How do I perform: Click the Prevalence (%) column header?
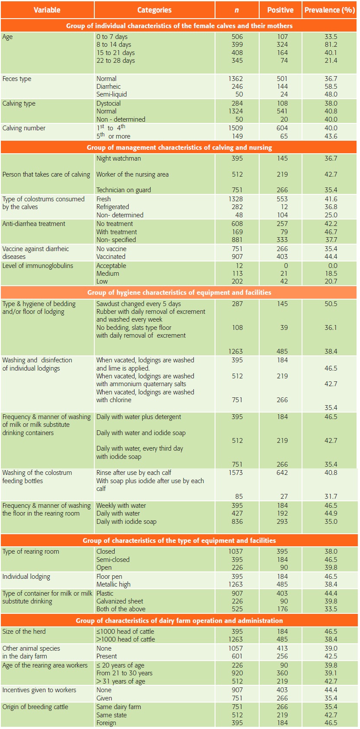[x=330, y=10]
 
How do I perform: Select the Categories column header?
[x=154, y=10]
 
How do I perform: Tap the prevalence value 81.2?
[x=331, y=45]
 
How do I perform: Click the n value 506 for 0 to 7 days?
[x=237, y=37]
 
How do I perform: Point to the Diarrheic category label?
[x=109, y=87]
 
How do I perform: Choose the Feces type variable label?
[x=17, y=79]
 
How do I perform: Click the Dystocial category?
[x=109, y=103]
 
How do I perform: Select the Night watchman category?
[x=119, y=158]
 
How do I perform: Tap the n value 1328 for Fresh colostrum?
[x=236, y=199]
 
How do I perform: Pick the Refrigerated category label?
[x=112, y=207]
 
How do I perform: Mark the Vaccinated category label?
[x=111, y=257]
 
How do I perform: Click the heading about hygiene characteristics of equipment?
[x=179, y=292]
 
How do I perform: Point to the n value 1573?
[x=236, y=473]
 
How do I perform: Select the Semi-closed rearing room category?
[x=113, y=560]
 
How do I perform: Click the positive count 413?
[x=282, y=648]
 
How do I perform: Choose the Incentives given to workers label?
[x=39, y=690]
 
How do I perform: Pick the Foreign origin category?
[x=106, y=723]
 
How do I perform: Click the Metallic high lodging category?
[x=113, y=584]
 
